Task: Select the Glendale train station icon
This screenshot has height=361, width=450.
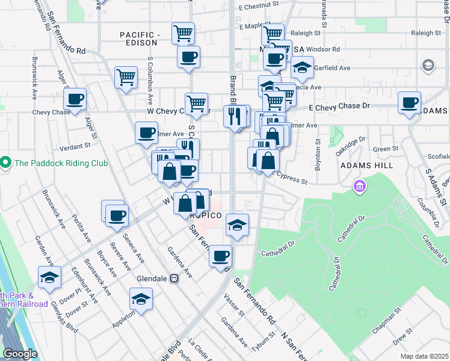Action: point(174,278)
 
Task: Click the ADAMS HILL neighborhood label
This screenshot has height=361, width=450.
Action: point(367,165)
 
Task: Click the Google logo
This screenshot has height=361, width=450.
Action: point(20,354)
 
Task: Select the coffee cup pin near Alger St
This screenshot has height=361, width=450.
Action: point(75,99)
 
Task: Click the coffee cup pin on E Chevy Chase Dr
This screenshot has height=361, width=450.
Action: point(410,103)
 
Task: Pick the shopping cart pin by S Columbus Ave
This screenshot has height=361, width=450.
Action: point(126,77)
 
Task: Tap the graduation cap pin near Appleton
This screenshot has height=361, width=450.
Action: point(141,298)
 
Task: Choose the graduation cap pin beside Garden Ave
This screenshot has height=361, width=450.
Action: point(49,277)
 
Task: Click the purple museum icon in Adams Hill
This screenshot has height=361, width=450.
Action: point(360,187)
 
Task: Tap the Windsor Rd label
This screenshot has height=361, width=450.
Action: point(323,49)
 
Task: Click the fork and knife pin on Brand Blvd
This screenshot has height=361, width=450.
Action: point(235,115)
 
